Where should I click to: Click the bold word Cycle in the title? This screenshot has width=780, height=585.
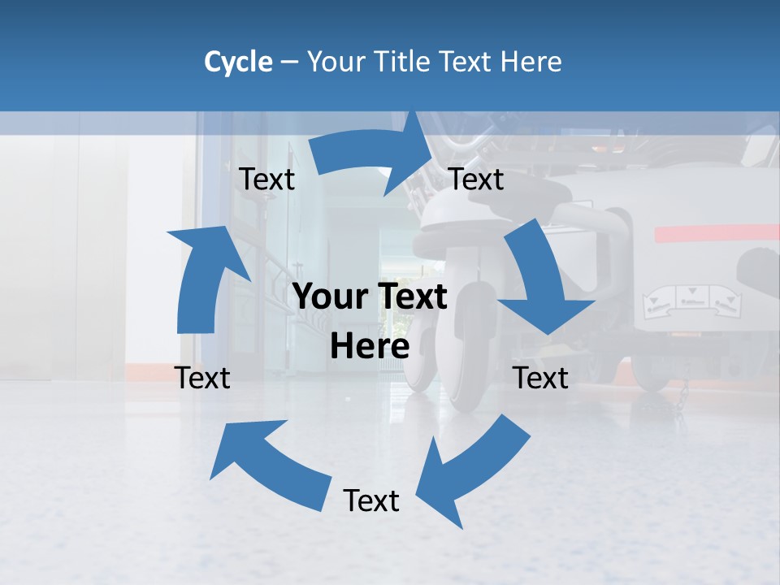[238, 62]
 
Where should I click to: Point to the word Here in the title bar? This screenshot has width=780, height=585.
[531, 62]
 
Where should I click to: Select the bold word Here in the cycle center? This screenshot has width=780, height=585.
[370, 347]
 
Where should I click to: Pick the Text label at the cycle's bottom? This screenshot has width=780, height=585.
[371, 500]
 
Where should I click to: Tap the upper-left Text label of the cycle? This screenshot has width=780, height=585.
[266, 180]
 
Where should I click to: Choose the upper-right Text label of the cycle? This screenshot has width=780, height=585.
[476, 180]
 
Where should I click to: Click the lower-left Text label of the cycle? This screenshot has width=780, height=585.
[203, 378]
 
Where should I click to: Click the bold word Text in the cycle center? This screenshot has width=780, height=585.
[409, 297]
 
